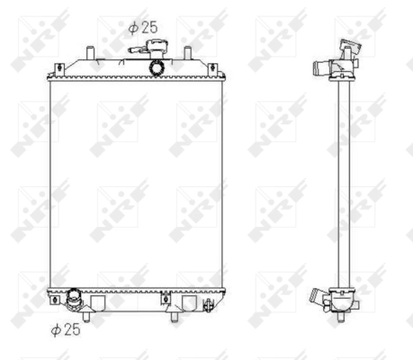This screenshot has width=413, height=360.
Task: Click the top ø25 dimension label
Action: coord(142,27)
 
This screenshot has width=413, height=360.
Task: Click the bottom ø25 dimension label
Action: coord(66,329)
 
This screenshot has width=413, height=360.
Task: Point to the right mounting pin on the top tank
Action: coord(186,52)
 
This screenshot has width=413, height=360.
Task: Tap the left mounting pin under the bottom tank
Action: coord(86,314)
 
